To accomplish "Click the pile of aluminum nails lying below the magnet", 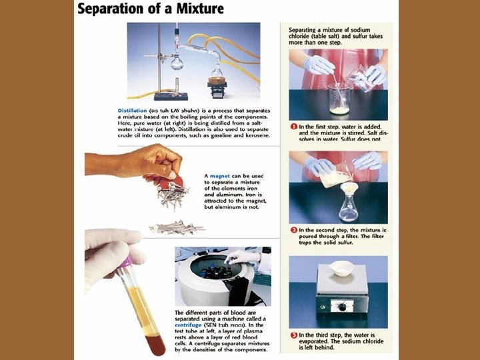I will (x=176, y=227).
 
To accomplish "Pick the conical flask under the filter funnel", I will (x=348, y=208).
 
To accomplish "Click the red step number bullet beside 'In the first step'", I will (x=293, y=126).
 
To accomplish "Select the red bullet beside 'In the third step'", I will (x=293, y=334).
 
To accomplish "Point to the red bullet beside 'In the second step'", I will (x=293, y=230).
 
